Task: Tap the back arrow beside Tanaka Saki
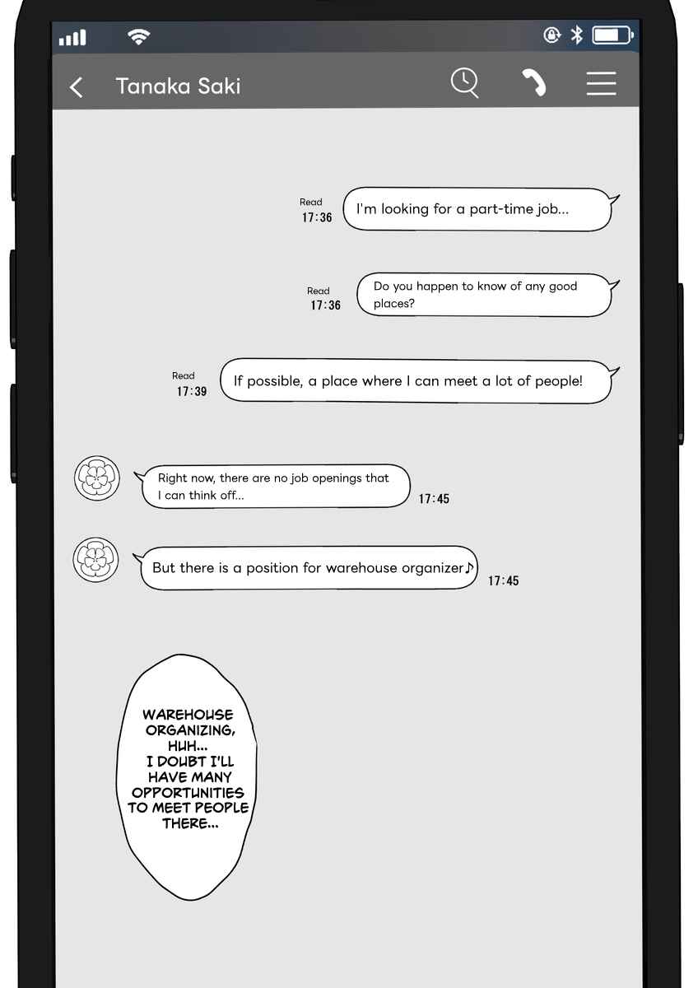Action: pos(76,87)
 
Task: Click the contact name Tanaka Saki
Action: pos(178,86)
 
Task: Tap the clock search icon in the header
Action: pos(465,82)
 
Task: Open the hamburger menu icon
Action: pos(602,83)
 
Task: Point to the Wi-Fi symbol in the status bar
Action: pos(138,36)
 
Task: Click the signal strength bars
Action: pos(72,38)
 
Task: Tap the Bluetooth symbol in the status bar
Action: pos(577,35)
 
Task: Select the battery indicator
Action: pos(613,35)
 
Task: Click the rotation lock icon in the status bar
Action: pos(551,35)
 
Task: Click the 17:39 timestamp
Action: pos(192,391)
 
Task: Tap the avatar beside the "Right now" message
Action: pos(97,478)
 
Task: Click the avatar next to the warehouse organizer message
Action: pos(95,560)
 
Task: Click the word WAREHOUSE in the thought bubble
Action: pos(188,715)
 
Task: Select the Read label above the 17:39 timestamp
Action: pos(184,375)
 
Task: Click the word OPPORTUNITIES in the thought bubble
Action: pos(188,793)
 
